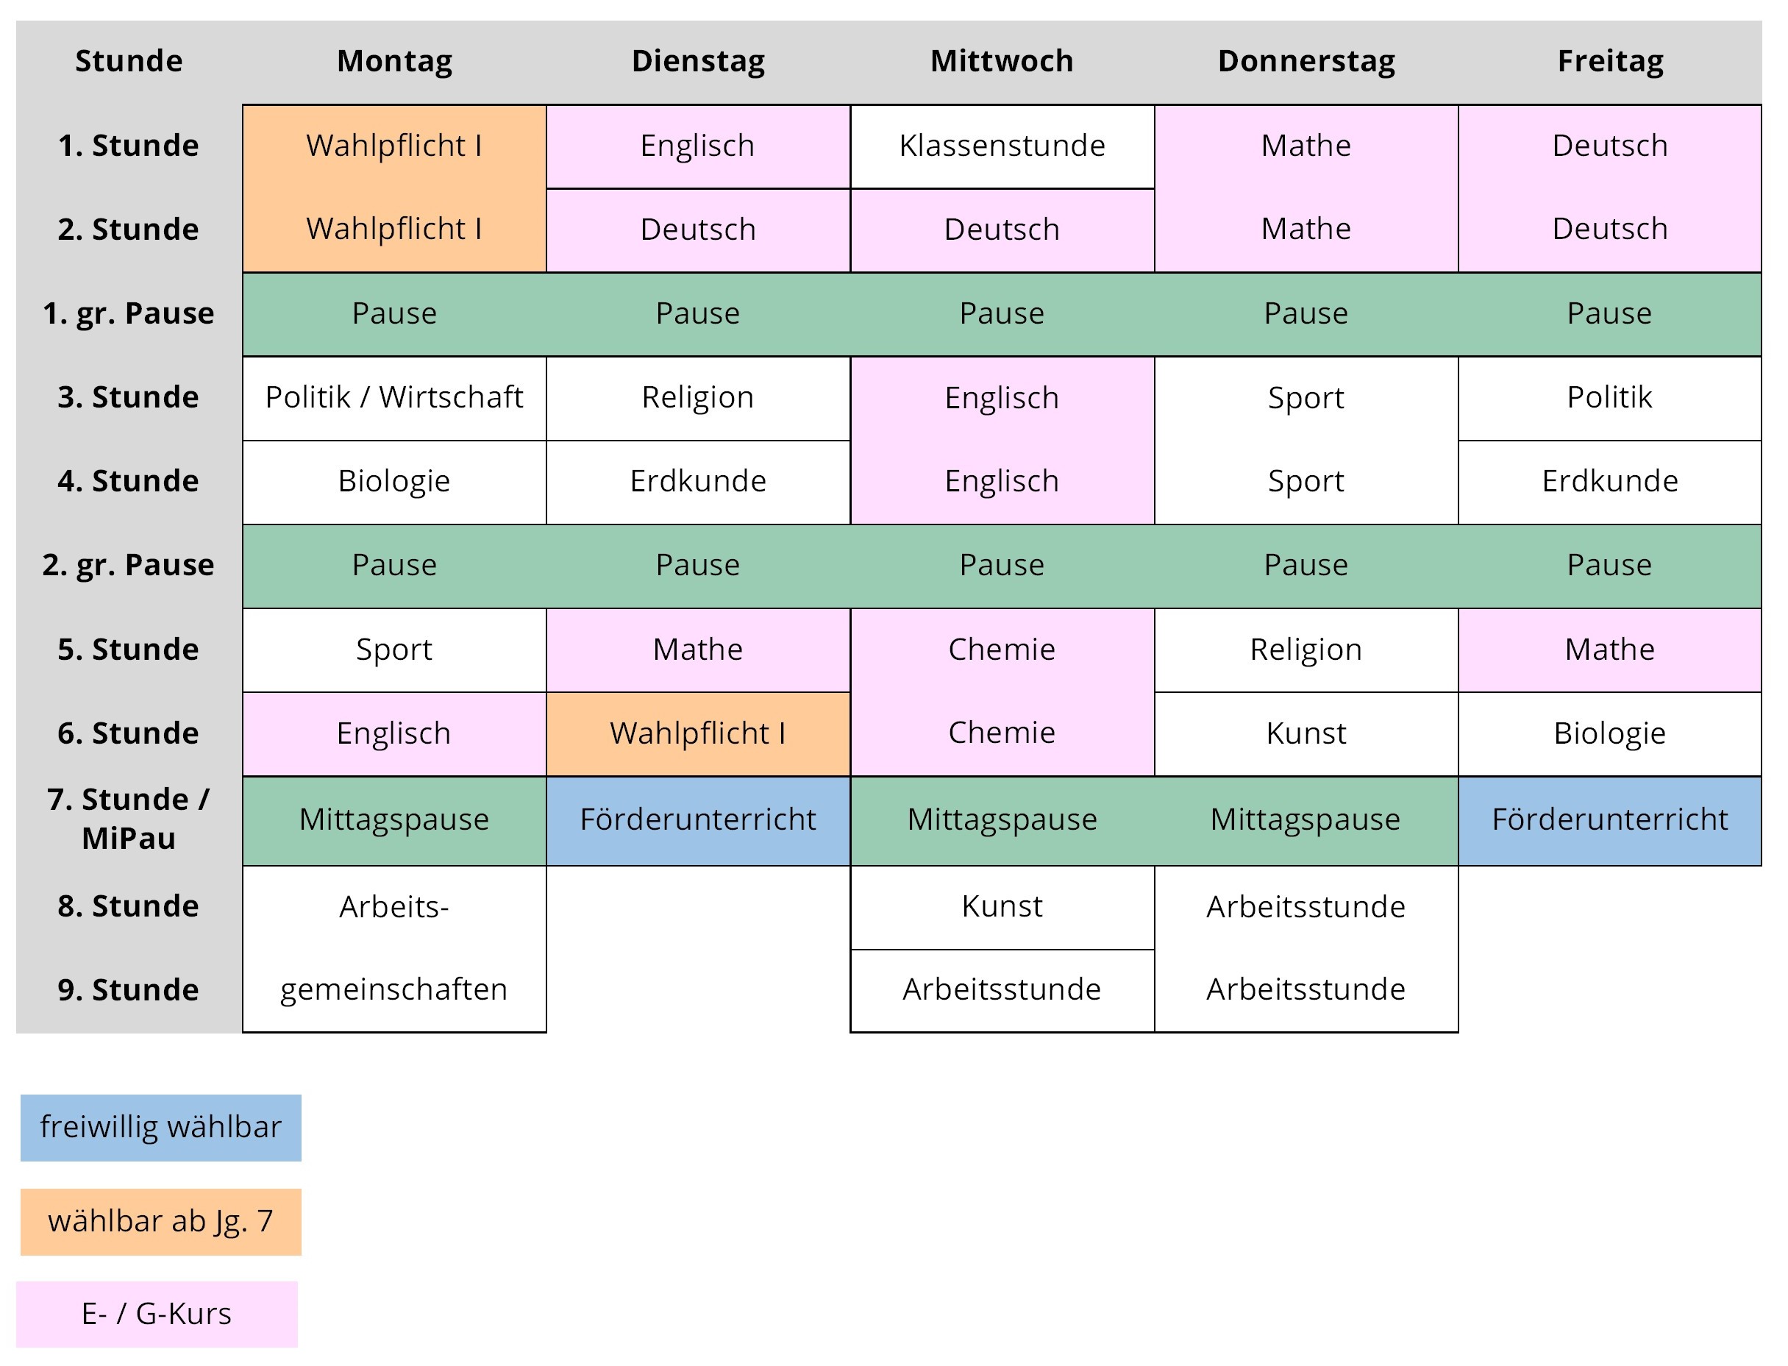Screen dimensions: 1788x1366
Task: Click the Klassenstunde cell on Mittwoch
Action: pos(1002,146)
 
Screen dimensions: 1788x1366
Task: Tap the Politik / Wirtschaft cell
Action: pos(394,398)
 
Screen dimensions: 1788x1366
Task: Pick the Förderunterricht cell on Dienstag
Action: pos(698,820)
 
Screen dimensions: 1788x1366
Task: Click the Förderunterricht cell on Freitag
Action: pos(1610,820)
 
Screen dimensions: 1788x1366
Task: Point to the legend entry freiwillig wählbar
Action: pos(161,1128)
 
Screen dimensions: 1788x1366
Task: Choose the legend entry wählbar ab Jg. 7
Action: pos(161,1222)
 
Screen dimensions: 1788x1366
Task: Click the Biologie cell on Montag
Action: pos(394,481)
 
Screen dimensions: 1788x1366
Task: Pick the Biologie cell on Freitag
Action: pos(1610,733)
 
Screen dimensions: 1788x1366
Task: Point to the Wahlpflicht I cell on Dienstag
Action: pos(698,733)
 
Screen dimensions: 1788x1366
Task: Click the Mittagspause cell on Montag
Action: pos(394,820)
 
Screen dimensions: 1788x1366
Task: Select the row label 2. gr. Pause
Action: pos(129,565)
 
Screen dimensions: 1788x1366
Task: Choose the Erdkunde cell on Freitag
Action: pos(1610,481)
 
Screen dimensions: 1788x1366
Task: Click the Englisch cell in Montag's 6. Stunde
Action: pos(394,733)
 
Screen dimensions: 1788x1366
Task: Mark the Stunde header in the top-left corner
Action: pos(129,61)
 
